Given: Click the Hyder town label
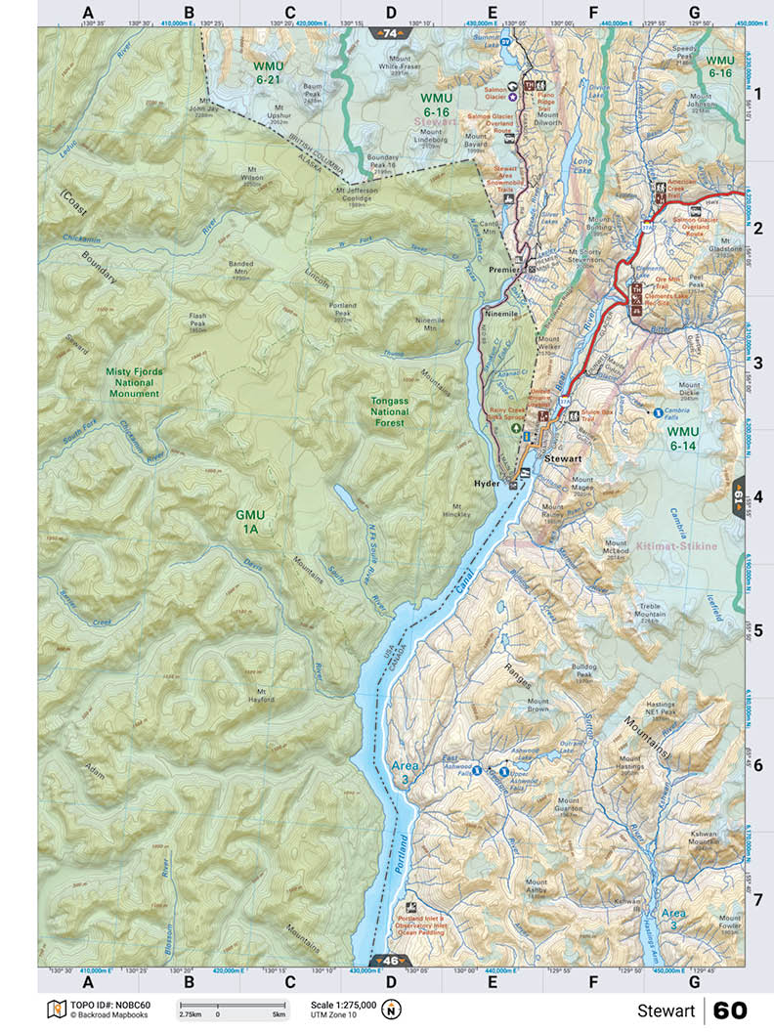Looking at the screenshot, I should (485, 483).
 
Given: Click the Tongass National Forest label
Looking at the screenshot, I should (397, 411).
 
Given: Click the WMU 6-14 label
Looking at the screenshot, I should (681, 437).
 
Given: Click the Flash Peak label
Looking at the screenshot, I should (198, 321).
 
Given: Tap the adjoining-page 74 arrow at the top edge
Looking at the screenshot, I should (391, 33).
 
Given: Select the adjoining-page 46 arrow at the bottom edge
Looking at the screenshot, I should (389, 961).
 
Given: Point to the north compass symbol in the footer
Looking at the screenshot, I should (391, 1010).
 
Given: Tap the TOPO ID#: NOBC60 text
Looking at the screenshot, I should (109, 1005).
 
